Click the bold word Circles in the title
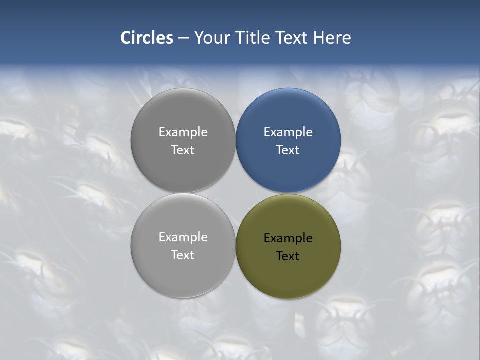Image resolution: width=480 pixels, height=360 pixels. [147, 38]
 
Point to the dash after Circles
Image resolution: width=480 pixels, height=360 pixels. [183, 38]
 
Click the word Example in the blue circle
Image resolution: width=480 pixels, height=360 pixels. [288, 132]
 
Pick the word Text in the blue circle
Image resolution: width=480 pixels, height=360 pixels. [288, 150]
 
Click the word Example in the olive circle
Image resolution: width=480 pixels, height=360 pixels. [288, 238]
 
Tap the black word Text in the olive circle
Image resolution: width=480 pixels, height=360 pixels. [288, 256]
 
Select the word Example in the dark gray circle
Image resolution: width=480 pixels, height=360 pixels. [183, 132]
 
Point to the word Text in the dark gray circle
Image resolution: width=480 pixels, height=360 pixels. [183, 150]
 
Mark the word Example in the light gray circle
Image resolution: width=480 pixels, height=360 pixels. [183, 237]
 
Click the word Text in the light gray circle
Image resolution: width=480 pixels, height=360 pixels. [183, 255]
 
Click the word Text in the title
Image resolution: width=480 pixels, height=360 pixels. [292, 38]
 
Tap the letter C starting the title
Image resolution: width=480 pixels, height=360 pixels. [126, 38]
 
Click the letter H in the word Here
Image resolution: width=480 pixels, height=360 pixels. [318, 38]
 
